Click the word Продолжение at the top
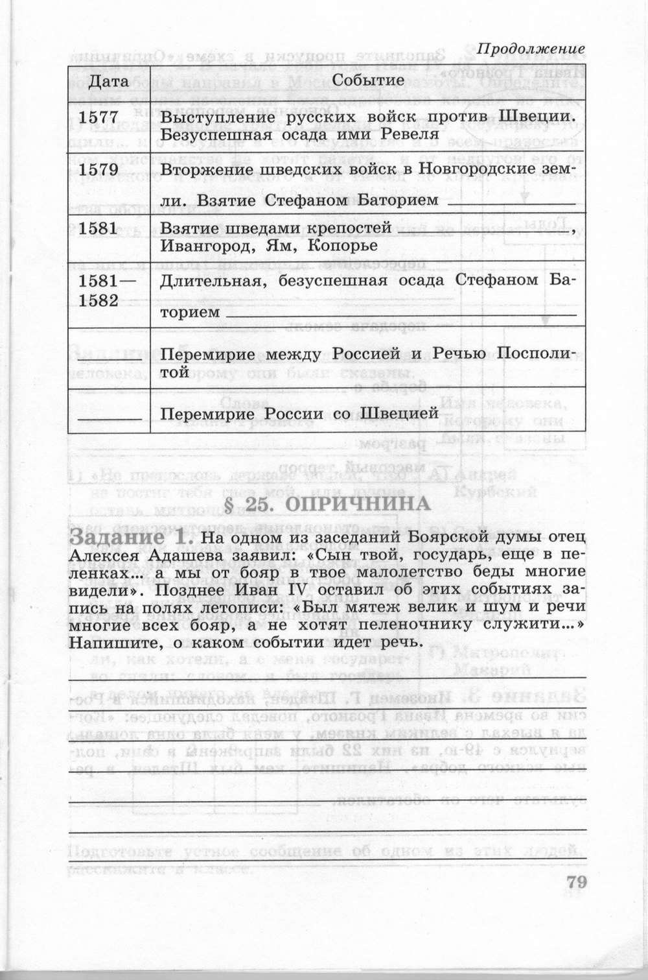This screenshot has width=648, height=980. coord(531,49)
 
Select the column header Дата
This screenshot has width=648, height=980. coord(108,81)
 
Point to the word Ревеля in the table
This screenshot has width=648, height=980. coord(411,134)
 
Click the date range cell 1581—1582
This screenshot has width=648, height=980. coord(102,291)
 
